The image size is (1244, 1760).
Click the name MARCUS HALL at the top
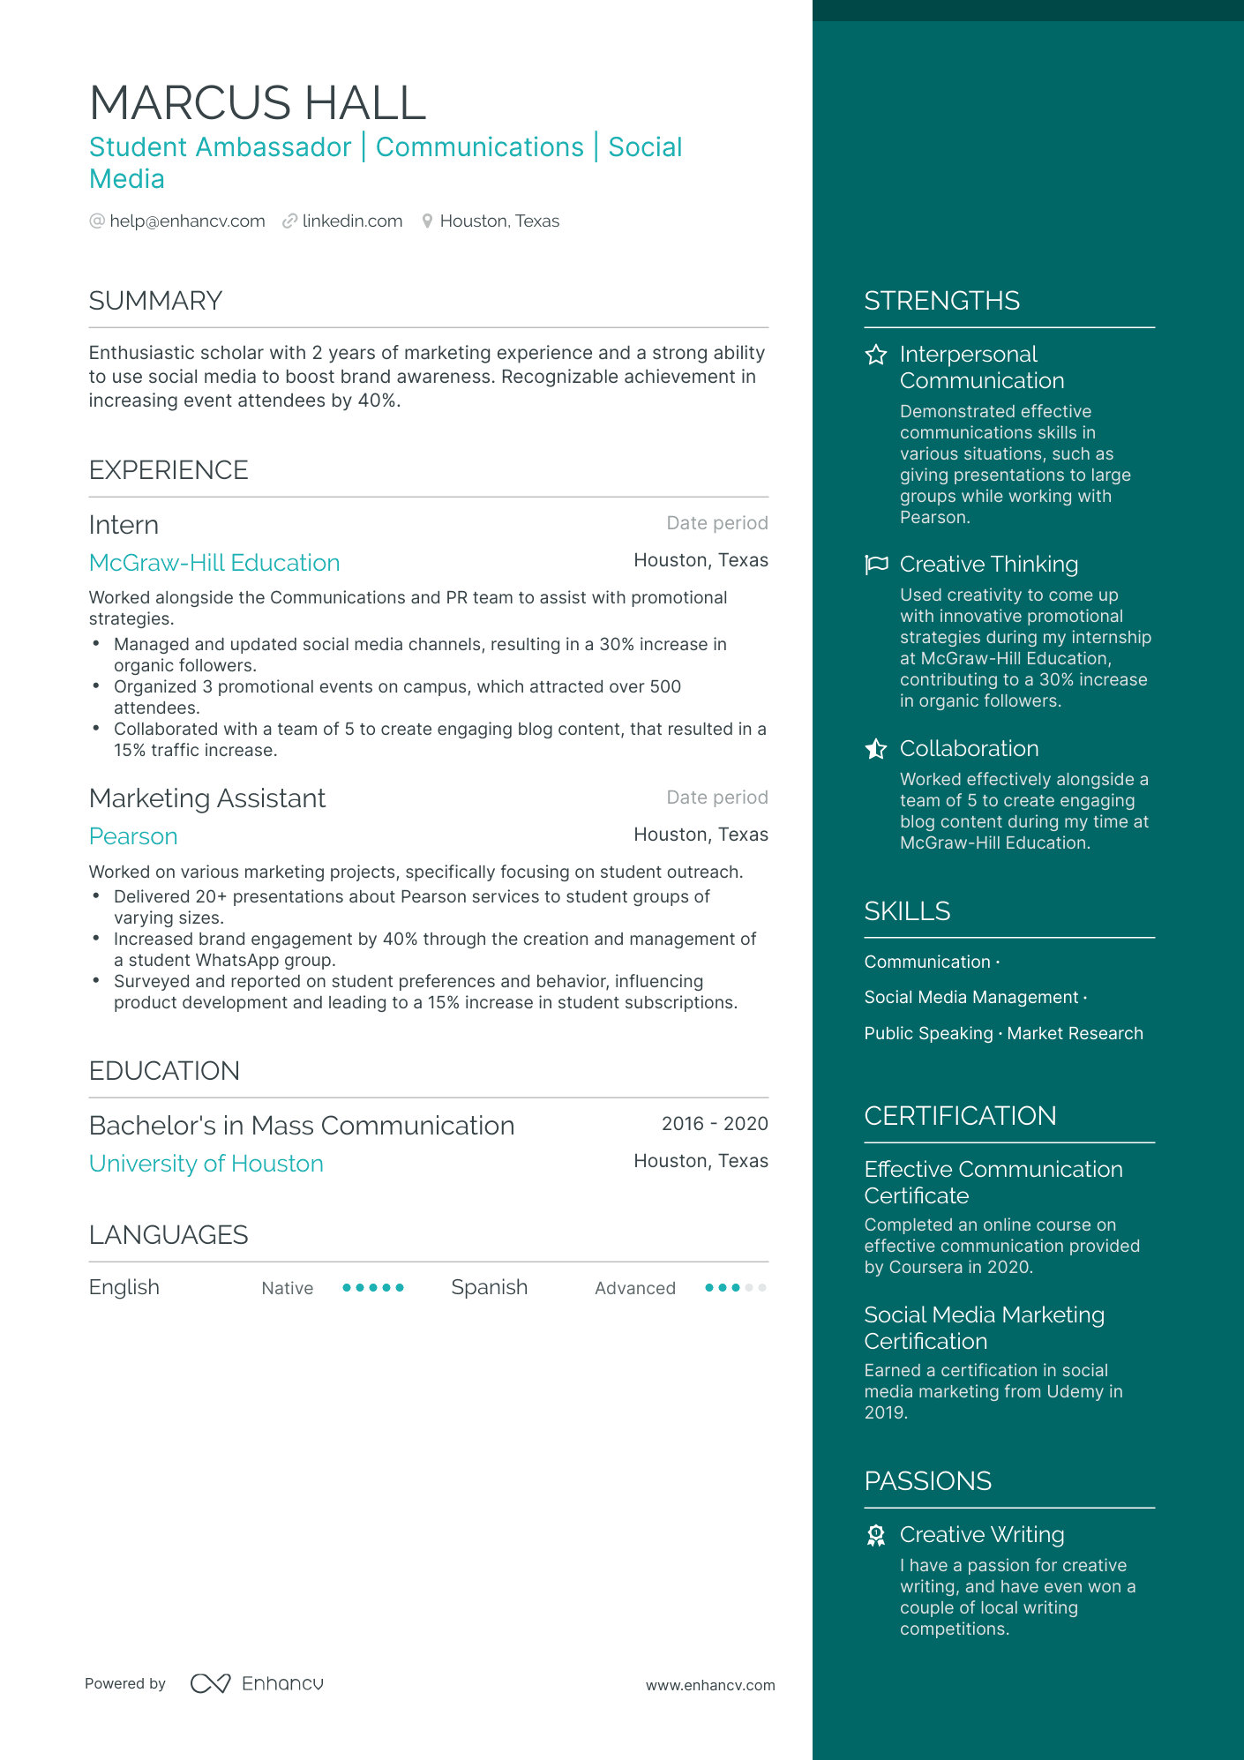pyautogui.click(x=258, y=103)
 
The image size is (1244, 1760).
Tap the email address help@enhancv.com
pyautogui.click(x=187, y=221)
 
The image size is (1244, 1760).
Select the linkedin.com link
pyautogui.click(x=352, y=221)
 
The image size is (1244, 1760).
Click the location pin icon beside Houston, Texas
pyautogui.click(x=427, y=221)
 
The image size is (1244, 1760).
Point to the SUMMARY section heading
pyautogui.click(x=155, y=301)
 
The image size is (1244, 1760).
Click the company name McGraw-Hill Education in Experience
pyautogui.click(x=214, y=563)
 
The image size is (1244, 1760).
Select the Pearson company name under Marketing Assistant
pyautogui.click(x=133, y=836)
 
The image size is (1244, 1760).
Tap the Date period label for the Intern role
pyautogui.click(x=716, y=523)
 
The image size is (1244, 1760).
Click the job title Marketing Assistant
pyautogui.click(x=207, y=798)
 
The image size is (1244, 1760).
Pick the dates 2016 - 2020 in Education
pyautogui.click(x=715, y=1124)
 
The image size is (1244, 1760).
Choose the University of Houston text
pyautogui.click(x=206, y=1164)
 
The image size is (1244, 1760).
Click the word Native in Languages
pyautogui.click(x=287, y=1288)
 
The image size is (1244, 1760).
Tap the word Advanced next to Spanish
pyautogui.click(x=634, y=1288)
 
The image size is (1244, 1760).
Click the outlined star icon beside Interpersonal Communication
pyautogui.click(x=876, y=355)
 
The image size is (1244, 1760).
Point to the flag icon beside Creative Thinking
pyautogui.click(x=876, y=565)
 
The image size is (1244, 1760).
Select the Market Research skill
pyautogui.click(x=1075, y=1033)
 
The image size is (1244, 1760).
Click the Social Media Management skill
pyautogui.click(x=970, y=997)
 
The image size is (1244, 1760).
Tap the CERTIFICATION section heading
pyautogui.click(x=960, y=1116)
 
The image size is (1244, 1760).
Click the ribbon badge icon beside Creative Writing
pyautogui.click(x=876, y=1536)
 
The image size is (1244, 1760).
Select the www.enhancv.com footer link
pyautogui.click(x=710, y=1685)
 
